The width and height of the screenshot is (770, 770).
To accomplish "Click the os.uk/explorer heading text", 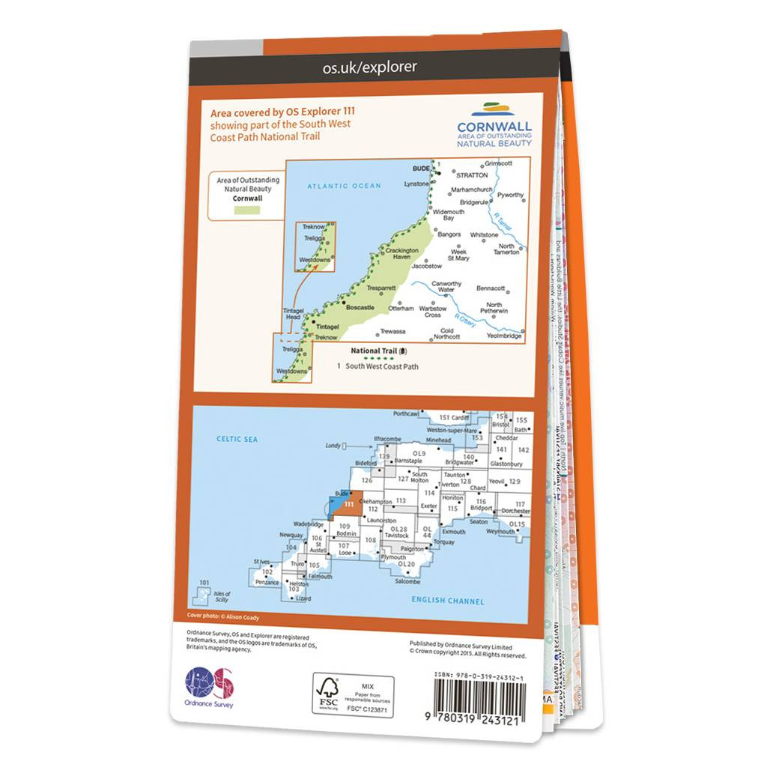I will [x=369, y=67].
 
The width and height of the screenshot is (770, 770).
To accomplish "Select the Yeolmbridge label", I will [x=503, y=336].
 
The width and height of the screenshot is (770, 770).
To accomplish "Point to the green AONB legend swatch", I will [x=246, y=212].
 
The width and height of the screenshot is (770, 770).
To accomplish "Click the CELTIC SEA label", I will [x=237, y=439].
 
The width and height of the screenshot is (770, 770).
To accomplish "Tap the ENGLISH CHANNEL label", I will [x=449, y=600].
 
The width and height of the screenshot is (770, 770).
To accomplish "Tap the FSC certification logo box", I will [x=353, y=695].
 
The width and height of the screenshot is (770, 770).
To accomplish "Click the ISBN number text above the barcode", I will [x=480, y=676].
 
